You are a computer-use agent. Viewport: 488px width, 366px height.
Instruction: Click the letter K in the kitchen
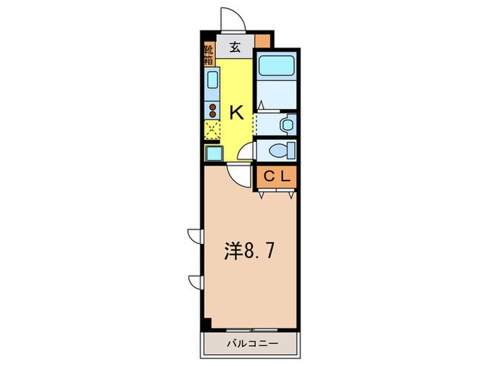pos(237,112)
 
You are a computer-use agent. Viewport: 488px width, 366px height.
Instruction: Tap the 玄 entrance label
pos(235,49)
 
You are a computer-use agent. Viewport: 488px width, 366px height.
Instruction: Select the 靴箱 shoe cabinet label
pos(209,55)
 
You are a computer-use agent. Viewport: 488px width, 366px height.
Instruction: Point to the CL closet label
pos(276,177)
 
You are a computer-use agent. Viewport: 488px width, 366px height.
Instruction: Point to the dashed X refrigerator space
pos(212,129)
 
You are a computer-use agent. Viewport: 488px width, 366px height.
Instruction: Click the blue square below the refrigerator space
pos(213,153)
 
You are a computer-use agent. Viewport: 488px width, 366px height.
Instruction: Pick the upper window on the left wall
pos(194,236)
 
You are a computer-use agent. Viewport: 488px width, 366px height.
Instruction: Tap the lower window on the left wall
pos(194,281)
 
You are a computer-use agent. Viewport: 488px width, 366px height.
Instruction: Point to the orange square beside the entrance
pos(262,39)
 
